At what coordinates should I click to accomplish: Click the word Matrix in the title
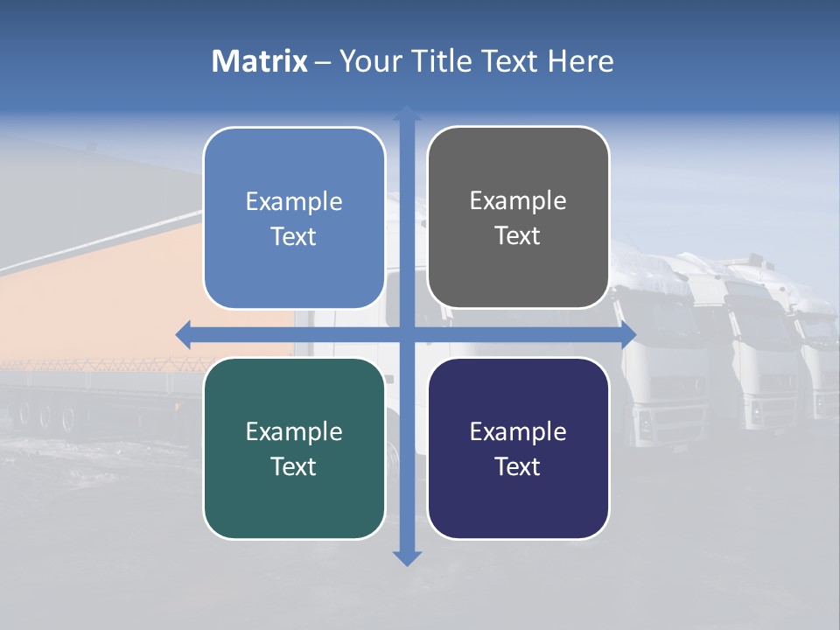[x=259, y=61]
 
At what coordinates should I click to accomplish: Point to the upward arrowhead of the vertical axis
[x=407, y=113]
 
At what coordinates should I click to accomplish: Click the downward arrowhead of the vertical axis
[x=407, y=558]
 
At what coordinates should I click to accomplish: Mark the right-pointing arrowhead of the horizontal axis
[x=627, y=334]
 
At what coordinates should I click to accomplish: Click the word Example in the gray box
[x=518, y=201]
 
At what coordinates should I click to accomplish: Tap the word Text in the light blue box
[x=294, y=237]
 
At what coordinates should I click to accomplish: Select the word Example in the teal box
[x=294, y=431]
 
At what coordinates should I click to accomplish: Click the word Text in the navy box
[x=518, y=467]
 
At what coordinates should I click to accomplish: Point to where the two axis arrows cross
[x=407, y=334]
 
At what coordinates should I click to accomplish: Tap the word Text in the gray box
[x=518, y=236]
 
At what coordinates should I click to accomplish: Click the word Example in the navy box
[x=518, y=431]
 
